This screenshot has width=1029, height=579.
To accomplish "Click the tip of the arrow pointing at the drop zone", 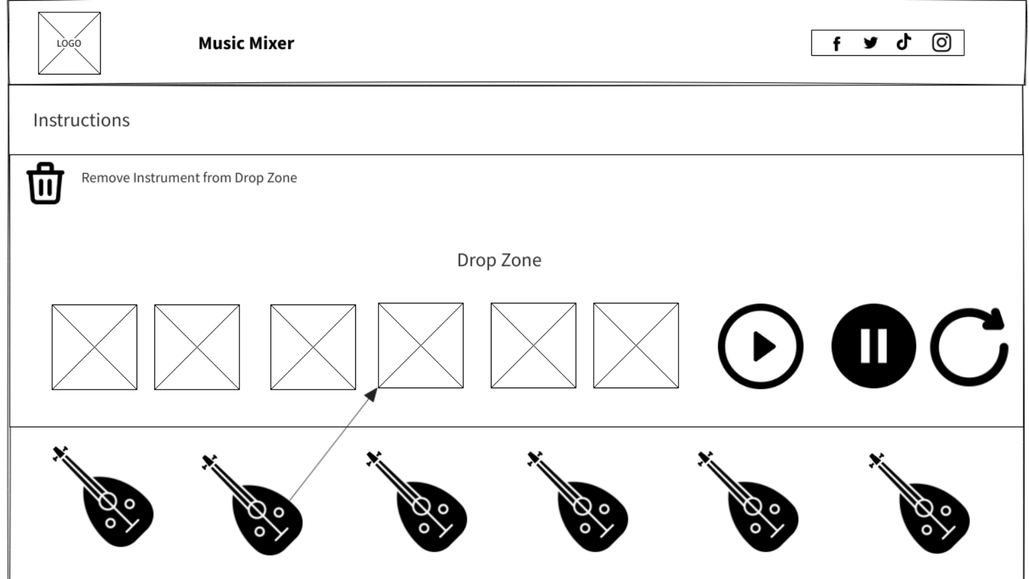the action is [377, 389].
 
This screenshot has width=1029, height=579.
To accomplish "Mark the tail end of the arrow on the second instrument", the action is [290, 500].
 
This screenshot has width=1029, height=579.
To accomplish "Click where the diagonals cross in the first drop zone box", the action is [94, 347].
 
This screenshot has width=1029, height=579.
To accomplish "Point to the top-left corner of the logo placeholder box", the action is [39, 12].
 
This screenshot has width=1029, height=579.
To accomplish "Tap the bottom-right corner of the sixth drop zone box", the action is [678, 388].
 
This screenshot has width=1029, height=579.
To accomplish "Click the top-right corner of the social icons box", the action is [964, 30].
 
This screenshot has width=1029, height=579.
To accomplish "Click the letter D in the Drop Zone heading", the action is [463, 260].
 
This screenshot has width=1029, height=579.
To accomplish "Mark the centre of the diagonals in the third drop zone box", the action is [313, 347].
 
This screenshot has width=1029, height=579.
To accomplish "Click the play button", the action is [760, 346].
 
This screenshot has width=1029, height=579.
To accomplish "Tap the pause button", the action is [874, 346].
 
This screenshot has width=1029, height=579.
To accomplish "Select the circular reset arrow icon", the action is [969, 346].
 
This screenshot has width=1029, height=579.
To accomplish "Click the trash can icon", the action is [46, 183].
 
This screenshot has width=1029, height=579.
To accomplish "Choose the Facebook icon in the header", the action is [837, 43].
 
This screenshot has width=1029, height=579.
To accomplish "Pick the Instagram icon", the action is [942, 42].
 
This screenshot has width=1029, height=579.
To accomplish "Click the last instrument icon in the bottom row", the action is [919, 502].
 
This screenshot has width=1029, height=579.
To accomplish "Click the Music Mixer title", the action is [246, 43].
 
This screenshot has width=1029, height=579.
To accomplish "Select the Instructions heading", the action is [81, 120].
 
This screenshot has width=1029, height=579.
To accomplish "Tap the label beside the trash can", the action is [189, 177].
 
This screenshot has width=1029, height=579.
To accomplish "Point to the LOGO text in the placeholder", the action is [69, 43].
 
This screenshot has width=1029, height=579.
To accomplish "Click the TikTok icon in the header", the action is [904, 42].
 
